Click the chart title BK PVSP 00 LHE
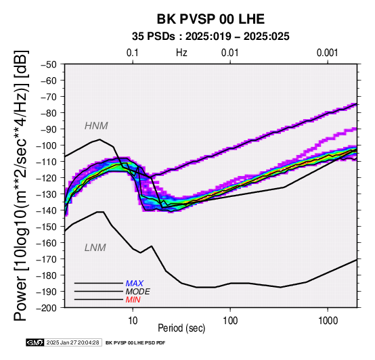(x=211, y=19)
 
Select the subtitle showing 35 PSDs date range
(x=211, y=37)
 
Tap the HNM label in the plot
(x=96, y=126)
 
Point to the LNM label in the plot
(x=95, y=248)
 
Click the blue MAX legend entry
(x=135, y=284)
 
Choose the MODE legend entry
(x=138, y=292)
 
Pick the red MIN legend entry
(x=133, y=300)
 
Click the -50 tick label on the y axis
(x=49, y=64)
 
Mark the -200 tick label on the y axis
(x=47, y=308)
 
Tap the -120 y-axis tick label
(x=47, y=178)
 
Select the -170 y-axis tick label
(x=47, y=259)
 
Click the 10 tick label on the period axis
(x=133, y=320)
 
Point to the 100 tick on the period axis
(x=230, y=320)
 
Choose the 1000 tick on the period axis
(x=328, y=320)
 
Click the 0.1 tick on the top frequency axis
(x=133, y=53)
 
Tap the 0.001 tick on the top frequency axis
(x=328, y=53)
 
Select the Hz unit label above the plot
(x=181, y=53)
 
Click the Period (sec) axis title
(x=181, y=328)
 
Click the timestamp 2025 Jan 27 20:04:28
(x=72, y=342)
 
